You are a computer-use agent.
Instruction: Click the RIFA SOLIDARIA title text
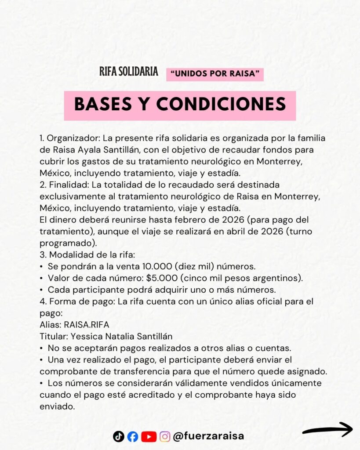(129, 72)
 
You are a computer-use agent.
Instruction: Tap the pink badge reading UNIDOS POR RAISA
(215, 74)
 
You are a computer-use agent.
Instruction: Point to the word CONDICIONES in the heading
(221, 105)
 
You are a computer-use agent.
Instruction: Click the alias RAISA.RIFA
(86, 324)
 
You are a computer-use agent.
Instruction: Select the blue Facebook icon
(133, 436)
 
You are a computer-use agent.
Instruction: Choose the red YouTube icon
(149, 436)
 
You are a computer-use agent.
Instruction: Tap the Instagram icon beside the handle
(165, 436)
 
